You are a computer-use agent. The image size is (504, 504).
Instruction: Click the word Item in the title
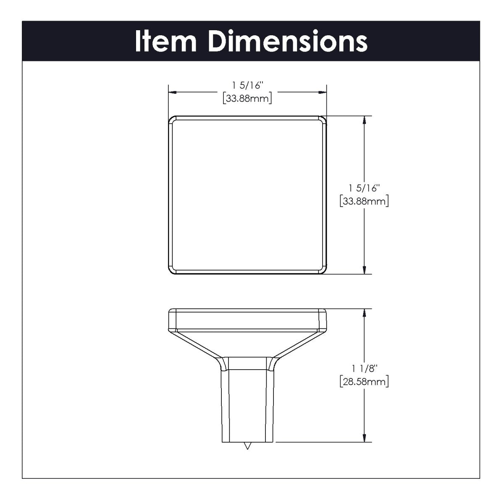click(x=165, y=41)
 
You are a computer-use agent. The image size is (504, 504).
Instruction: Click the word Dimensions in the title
click(x=288, y=41)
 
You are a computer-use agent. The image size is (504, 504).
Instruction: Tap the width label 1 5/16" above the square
click(x=247, y=85)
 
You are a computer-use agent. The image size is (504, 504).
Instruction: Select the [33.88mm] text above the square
click(x=247, y=99)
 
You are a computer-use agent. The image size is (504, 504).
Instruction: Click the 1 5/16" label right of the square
click(x=364, y=188)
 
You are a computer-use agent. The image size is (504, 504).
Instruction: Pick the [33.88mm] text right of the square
click(x=364, y=201)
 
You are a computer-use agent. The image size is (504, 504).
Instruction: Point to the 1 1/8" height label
click(x=365, y=368)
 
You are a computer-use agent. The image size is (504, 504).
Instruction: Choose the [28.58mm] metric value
click(x=364, y=382)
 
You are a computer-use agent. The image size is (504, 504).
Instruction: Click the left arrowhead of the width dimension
click(x=173, y=92)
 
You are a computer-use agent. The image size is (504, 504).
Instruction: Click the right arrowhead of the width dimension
click(x=322, y=92)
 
